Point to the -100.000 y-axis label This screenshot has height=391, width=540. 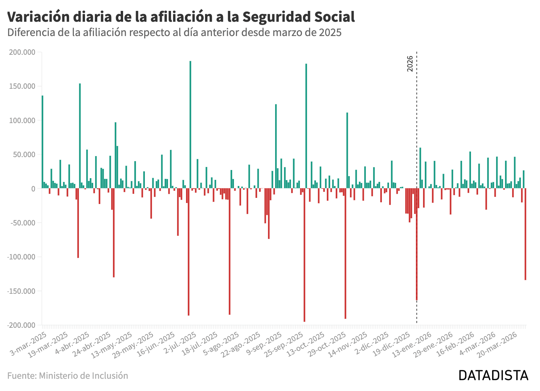pos(21,257)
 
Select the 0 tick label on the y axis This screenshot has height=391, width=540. pos(33,189)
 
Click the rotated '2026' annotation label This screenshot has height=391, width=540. pos(410,64)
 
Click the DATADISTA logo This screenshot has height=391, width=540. pos(493,375)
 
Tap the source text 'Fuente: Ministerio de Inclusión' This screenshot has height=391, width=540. pos(68,376)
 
